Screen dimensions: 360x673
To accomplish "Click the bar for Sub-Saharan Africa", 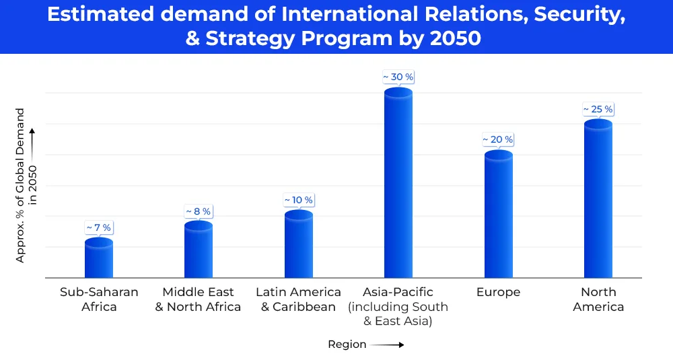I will tap(98, 258).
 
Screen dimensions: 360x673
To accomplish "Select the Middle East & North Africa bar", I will tap(199, 250).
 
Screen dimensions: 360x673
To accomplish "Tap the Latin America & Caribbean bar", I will tap(298, 244).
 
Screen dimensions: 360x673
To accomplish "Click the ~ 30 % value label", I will tap(398, 77).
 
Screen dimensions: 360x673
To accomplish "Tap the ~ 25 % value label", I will tap(598, 109).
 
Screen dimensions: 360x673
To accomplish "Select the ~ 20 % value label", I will tap(498, 140).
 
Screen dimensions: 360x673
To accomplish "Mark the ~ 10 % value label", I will tap(298, 201).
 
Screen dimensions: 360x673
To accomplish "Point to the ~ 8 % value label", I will tap(199, 211).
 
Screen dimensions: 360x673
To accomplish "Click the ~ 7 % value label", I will tap(98, 228).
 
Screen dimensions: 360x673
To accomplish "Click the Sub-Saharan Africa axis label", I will tap(99, 299).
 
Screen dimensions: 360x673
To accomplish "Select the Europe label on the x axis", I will tap(498, 292).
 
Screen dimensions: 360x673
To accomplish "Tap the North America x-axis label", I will tap(598, 299).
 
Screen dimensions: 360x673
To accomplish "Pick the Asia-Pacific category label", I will tap(398, 306).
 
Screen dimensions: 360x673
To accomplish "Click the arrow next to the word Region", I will tap(387, 345).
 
